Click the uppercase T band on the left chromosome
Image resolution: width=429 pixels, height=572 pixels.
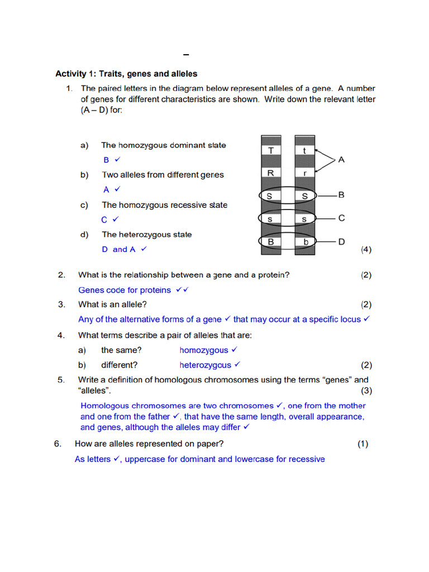pos(270,150)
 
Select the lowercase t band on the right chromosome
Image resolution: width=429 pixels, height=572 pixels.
pos(304,150)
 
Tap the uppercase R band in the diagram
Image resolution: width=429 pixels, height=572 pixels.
pos(270,173)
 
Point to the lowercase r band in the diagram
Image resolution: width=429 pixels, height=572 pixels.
pos(304,173)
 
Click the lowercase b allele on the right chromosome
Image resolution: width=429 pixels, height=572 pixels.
pos(304,242)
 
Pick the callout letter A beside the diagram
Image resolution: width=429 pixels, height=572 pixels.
pos(341,160)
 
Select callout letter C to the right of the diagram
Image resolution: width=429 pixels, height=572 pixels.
pos(341,218)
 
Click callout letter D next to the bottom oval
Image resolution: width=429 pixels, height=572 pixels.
pos(341,242)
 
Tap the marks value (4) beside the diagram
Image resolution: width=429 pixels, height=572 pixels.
pos(366,250)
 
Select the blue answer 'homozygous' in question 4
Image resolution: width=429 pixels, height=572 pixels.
pos(204,350)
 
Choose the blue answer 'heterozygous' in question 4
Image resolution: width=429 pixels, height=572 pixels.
pos(205,365)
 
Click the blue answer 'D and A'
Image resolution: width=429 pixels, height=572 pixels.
pos(118,250)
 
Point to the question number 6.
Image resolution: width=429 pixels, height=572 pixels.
pos(57,444)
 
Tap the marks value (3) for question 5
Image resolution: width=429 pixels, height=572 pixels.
pos(366,390)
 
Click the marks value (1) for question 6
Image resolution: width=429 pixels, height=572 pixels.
pos(363,444)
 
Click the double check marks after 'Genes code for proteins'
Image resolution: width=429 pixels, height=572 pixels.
pos(182,290)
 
